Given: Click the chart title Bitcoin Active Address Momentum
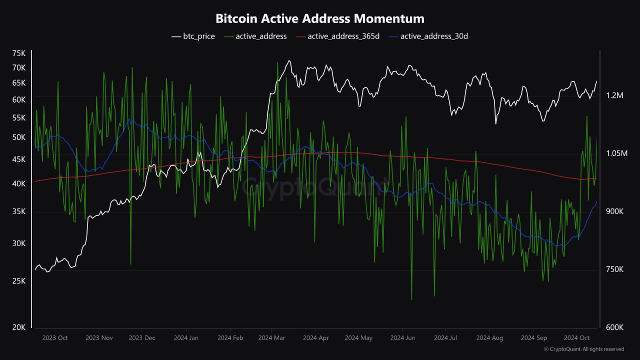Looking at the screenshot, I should click(x=320, y=19).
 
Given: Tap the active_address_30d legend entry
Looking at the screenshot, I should click(x=428, y=36).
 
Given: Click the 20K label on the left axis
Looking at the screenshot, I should click(x=19, y=327).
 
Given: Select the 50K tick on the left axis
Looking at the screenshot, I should click(x=19, y=137).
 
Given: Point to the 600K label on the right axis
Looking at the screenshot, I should click(x=614, y=327).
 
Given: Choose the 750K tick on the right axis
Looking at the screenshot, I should click(x=614, y=269).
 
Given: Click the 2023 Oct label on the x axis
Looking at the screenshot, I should click(x=55, y=338).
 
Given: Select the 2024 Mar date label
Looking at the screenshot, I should click(x=271, y=338).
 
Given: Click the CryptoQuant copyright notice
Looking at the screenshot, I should click(x=584, y=349).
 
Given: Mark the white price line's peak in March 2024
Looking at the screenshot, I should click(x=288, y=61).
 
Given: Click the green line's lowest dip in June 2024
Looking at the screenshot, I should click(x=411, y=299).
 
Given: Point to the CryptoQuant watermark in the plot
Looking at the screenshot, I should click(x=315, y=187).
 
